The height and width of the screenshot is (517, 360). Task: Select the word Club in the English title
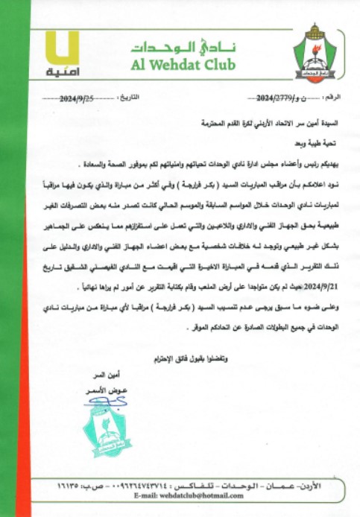220,66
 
